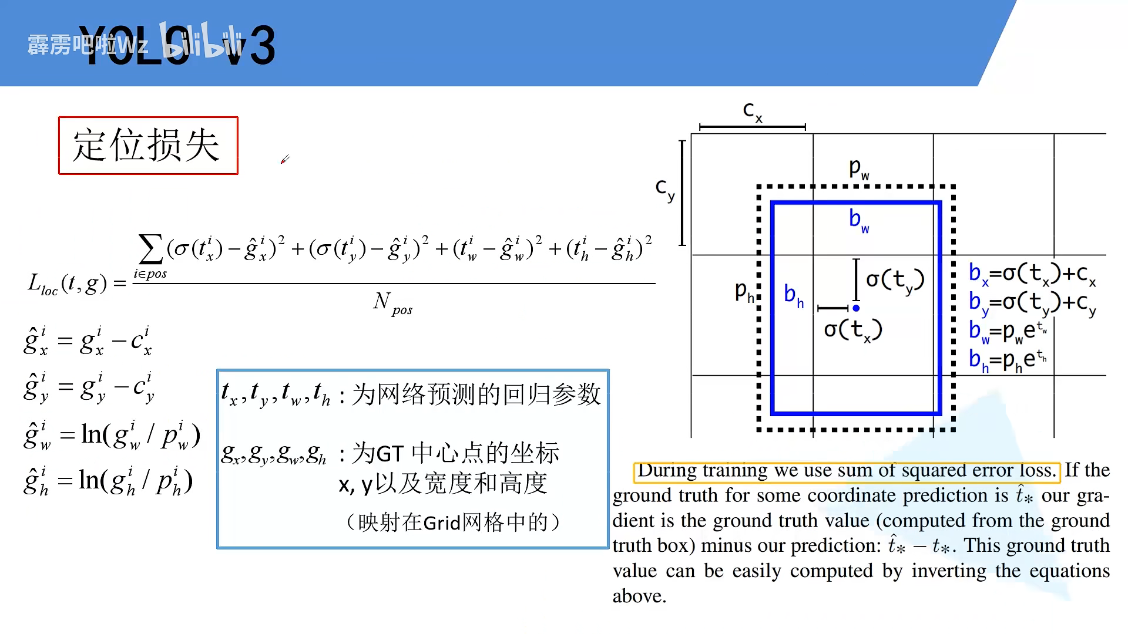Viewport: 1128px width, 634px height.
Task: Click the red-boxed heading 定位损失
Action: (x=148, y=146)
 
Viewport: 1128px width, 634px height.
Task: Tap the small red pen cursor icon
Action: (x=285, y=159)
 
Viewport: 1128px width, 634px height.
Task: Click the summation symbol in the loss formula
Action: (x=150, y=249)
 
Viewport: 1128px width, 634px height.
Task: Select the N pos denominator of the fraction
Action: (x=392, y=303)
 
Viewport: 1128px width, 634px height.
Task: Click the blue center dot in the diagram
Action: (x=856, y=308)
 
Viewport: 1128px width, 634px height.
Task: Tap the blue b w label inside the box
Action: (x=859, y=220)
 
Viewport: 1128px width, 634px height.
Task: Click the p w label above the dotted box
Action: (x=859, y=169)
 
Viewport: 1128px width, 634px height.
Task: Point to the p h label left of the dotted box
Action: (x=744, y=292)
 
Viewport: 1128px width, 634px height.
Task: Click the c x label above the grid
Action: (x=753, y=110)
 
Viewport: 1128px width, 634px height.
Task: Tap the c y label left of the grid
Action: (x=665, y=189)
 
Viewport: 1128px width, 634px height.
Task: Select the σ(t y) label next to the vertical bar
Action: (x=895, y=281)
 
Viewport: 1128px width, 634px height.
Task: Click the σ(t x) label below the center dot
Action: (x=853, y=331)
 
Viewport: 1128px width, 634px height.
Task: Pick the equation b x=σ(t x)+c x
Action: (x=1032, y=274)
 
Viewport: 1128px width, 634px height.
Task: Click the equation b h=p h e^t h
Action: (x=1008, y=360)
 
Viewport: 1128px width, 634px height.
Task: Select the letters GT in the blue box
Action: (x=390, y=454)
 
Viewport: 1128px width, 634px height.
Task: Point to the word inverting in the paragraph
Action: (x=949, y=571)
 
